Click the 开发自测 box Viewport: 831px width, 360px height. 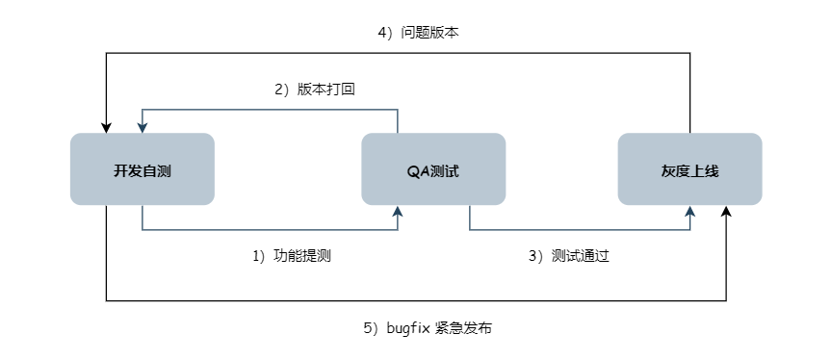pos(143,169)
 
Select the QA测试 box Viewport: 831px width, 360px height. pos(433,169)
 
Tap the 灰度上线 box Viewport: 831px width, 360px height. pos(689,169)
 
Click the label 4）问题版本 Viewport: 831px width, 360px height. pos(418,32)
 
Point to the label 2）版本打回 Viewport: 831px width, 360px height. pos(317,90)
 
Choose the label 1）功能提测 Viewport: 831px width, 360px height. pos(293,256)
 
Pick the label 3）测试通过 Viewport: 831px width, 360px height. pos(569,256)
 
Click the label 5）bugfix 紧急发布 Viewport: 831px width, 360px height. pos(428,328)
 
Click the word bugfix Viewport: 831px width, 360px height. pos(408,328)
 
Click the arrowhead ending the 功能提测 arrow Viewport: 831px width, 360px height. pos(398,211)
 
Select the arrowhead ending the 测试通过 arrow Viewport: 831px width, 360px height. pos(689,211)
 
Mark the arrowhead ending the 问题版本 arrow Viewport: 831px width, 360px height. pos(106,127)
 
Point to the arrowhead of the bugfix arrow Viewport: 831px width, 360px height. pos(726,211)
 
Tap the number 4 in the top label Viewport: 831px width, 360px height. pos(381,32)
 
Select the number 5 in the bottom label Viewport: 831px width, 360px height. pos(368,328)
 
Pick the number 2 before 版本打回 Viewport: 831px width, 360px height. pos(279,90)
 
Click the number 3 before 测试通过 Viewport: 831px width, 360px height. pos(532,256)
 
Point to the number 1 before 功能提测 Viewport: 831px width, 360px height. pos(256,256)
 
